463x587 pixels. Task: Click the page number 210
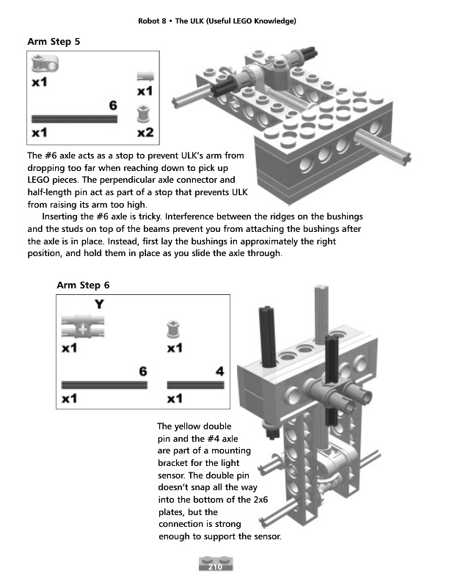coord(215,566)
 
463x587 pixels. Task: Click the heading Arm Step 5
coord(54,41)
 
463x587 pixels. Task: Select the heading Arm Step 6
coord(83,285)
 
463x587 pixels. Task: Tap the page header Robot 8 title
coord(216,21)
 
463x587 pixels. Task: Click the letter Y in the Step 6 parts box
coord(98,305)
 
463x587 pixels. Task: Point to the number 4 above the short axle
coord(219,372)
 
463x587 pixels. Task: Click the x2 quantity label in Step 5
coord(145,134)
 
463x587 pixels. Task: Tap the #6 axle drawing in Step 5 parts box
coord(74,118)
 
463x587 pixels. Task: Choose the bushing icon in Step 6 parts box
coord(174,329)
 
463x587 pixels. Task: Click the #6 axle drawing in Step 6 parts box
coord(104,384)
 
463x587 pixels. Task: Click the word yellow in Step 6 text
coord(189,426)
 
